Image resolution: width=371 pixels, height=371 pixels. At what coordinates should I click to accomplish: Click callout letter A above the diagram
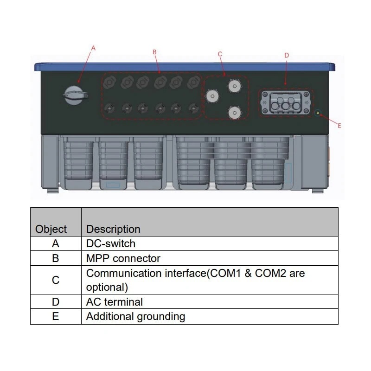(x=93, y=48)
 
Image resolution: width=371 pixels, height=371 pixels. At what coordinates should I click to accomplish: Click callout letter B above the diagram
(x=154, y=52)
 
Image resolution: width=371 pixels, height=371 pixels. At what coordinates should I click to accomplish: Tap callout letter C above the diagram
(x=220, y=54)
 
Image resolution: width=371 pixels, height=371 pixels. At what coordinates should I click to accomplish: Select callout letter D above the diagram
(x=286, y=55)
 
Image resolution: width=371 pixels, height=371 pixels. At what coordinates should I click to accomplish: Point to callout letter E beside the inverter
(x=339, y=126)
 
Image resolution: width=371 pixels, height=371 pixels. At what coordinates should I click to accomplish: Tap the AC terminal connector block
(x=285, y=103)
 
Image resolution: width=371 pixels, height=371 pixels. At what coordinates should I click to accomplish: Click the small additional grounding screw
(x=318, y=113)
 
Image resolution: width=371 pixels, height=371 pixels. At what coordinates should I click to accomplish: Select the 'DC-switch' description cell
(x=111, y=243)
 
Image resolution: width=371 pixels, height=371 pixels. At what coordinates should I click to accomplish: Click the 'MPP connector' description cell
(x=123, y=258)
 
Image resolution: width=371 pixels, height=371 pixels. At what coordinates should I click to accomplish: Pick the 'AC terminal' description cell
(x=115, y=302)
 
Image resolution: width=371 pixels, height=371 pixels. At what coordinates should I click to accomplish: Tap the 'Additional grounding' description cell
(x=135, y=317)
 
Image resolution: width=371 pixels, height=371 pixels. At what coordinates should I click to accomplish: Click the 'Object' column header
(x=51, y=229)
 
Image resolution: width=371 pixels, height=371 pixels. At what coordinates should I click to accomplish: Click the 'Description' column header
(x=113, y=229)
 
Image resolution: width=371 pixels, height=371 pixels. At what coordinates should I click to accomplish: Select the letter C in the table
(x=56, y=280)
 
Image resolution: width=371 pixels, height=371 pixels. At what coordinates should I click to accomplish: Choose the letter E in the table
(x=56, y=317)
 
